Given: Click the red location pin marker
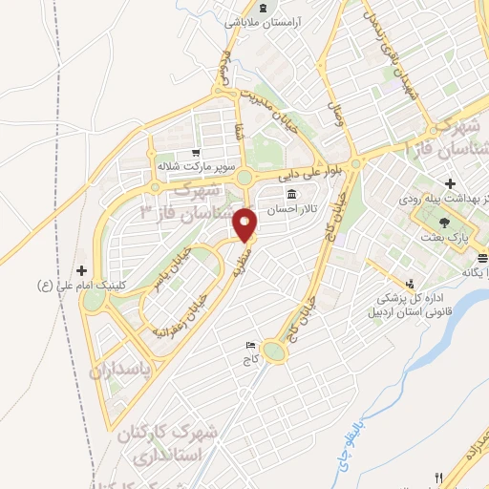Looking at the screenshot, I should pos(245,224).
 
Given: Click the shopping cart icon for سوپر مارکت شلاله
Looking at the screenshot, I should pos(195,152).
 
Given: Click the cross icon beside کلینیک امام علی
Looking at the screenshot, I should pos(81,271).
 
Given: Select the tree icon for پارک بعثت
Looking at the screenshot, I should pos(445,222).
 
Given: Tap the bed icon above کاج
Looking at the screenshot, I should pos(251,345).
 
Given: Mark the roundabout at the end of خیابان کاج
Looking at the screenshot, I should pos(275,352).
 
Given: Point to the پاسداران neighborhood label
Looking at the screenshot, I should pos(123,371).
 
